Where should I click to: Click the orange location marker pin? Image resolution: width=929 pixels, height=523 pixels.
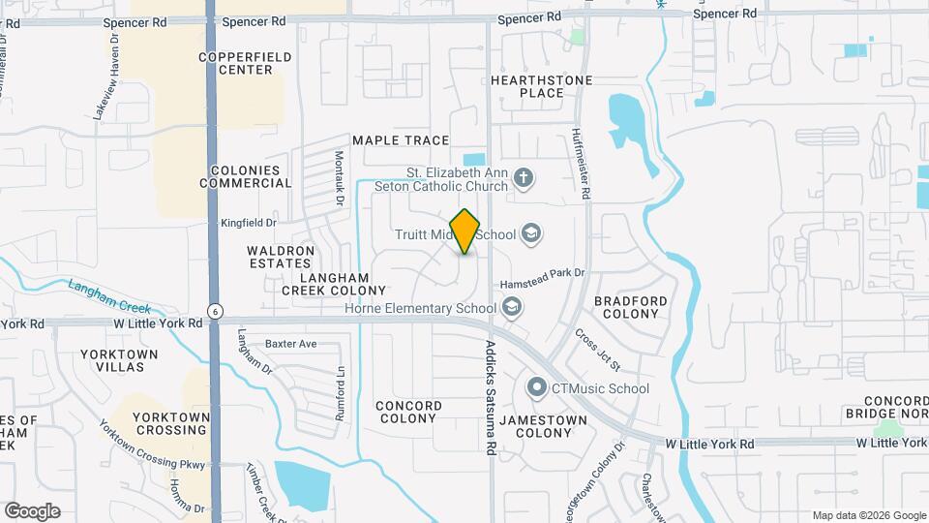click(x=464, y=231)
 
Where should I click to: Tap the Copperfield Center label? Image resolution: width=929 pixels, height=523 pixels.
click(x=245, y=64)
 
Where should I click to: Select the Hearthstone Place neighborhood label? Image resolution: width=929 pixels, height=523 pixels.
click(x=527, y=86)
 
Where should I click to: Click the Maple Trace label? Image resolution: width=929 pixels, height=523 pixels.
click(x=401, y=140)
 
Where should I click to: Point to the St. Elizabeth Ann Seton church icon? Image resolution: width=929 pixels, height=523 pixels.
click(x=524, y=177)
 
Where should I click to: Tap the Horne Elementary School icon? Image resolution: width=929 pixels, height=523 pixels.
click(x=512, y=308)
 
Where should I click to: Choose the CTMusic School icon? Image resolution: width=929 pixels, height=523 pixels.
click(x=537, y=388)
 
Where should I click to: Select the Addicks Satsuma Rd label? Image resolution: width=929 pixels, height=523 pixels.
click(x=491, y=397)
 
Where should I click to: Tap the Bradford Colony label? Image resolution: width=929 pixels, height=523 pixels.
click(x=631, y=308)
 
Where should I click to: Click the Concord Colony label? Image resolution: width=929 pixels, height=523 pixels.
click(x=409, y=413)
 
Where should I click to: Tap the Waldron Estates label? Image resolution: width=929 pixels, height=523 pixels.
click(x=281, y=257)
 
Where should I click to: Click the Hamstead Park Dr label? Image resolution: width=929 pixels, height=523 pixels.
click(x=543, y=275)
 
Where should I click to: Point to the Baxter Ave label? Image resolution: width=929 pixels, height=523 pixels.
click(x=291, y=344)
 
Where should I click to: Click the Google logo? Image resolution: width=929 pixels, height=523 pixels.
click(x=32, y=511)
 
